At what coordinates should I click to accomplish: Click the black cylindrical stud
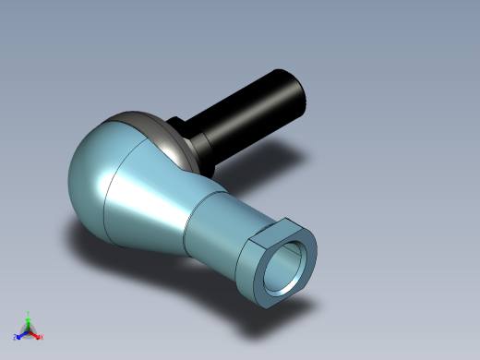point(254,111)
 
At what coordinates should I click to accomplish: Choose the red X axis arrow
point(35,335)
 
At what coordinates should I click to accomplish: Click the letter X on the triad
point(42,338)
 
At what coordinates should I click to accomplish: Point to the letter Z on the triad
point(15,337)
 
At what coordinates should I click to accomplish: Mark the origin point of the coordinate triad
point(29,330)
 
